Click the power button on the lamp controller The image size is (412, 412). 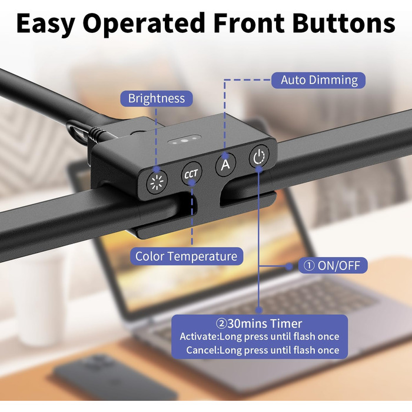tap(259, 157)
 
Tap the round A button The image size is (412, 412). tap(225, 164)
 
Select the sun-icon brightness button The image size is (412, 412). tap(157, 182)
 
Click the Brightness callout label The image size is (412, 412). tap(157, 98)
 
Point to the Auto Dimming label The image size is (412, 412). tap(319, 80)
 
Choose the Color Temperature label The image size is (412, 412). tap(187, 256)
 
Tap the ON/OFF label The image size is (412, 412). tap(333, 265)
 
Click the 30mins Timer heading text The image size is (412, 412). tap(259, 324)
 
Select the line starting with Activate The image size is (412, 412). tap(260, 337)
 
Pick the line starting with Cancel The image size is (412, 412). tap(263, 350)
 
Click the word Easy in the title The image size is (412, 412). tap(46, 24)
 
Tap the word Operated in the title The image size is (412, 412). tap(144, 24)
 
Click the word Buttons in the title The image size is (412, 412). tap(344, 23)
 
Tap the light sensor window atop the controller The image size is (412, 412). tap(184, 140)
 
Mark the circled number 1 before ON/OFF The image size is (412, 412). tap(309, 265)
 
